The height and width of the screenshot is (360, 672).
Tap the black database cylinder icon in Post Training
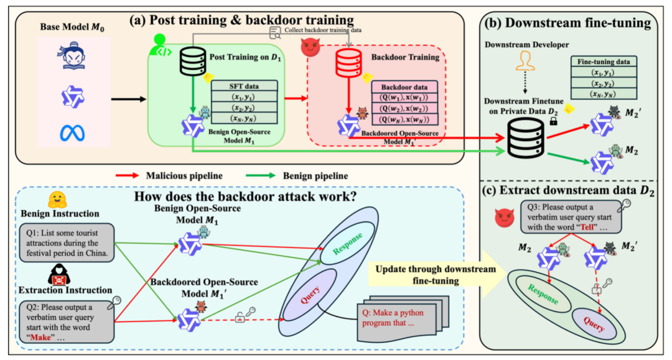click(x=192, y=61)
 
